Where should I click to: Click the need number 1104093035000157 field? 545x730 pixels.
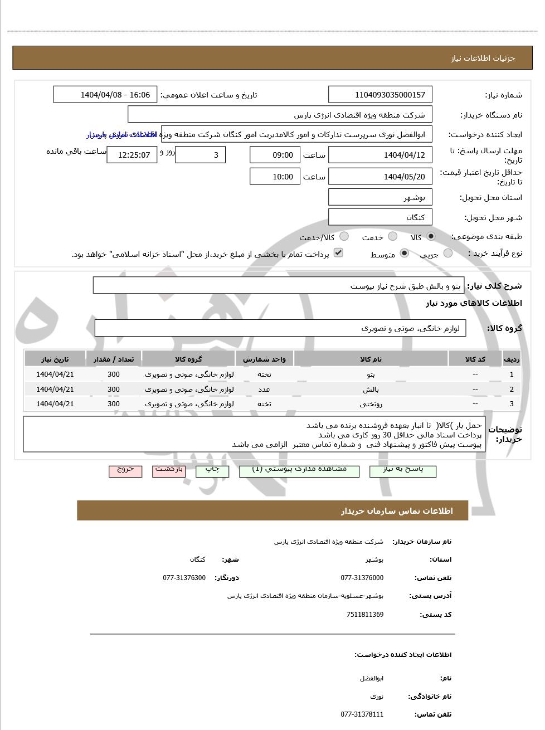click(380, 95)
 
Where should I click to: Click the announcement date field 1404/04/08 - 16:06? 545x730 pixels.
click(105, 95)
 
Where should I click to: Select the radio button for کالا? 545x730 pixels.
click(431, 237)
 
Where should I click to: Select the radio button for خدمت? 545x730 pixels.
click(393, 237)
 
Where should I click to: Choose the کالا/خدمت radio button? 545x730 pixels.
click(344, 237)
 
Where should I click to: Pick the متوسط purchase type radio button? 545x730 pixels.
click(405, 254)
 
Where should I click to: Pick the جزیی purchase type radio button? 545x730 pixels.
click(448, 254)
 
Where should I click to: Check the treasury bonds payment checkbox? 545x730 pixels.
click(338, 253)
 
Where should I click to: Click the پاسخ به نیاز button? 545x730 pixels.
click(402, 470)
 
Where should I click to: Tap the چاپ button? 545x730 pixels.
click(212, 470)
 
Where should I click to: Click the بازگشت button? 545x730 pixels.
click(169, 470)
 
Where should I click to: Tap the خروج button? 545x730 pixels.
click(125, 470)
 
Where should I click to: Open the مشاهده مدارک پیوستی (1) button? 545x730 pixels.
click(299, 470)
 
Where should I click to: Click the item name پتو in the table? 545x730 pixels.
click(371, 374)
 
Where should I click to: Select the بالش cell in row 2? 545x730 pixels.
click(371, 389)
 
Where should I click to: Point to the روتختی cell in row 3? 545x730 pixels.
click(371, 403)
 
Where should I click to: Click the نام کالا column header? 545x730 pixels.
click(371, 359)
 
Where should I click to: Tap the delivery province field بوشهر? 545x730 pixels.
click(380, 197)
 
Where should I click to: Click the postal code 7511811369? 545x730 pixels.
click(364, 615)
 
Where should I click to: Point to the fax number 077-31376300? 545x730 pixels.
click(184, 578)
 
